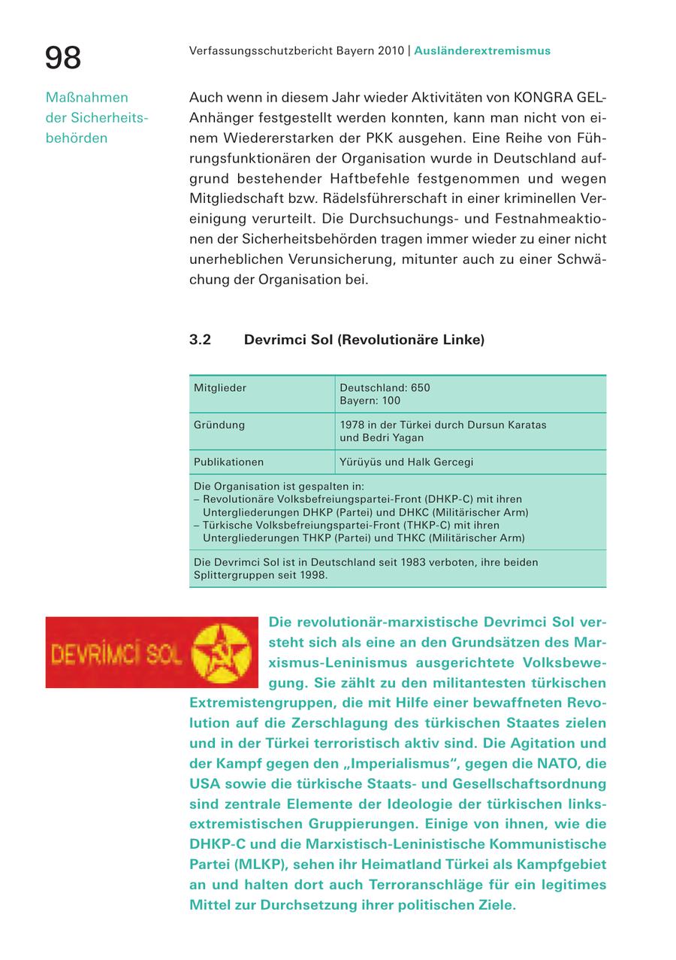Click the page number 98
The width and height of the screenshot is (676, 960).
point(63,58)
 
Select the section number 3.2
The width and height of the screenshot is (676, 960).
point(200,340)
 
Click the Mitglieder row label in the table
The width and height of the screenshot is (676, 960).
point(220,388)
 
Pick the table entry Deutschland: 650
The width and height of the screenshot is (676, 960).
point(385,388)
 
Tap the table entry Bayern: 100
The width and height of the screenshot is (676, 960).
point(370,401)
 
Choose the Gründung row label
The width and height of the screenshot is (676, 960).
point(219,425)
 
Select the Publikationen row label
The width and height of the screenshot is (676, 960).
point(228,462)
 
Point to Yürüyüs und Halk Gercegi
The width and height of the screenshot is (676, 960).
point(406,462)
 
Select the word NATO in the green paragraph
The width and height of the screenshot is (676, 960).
point(568,764)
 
